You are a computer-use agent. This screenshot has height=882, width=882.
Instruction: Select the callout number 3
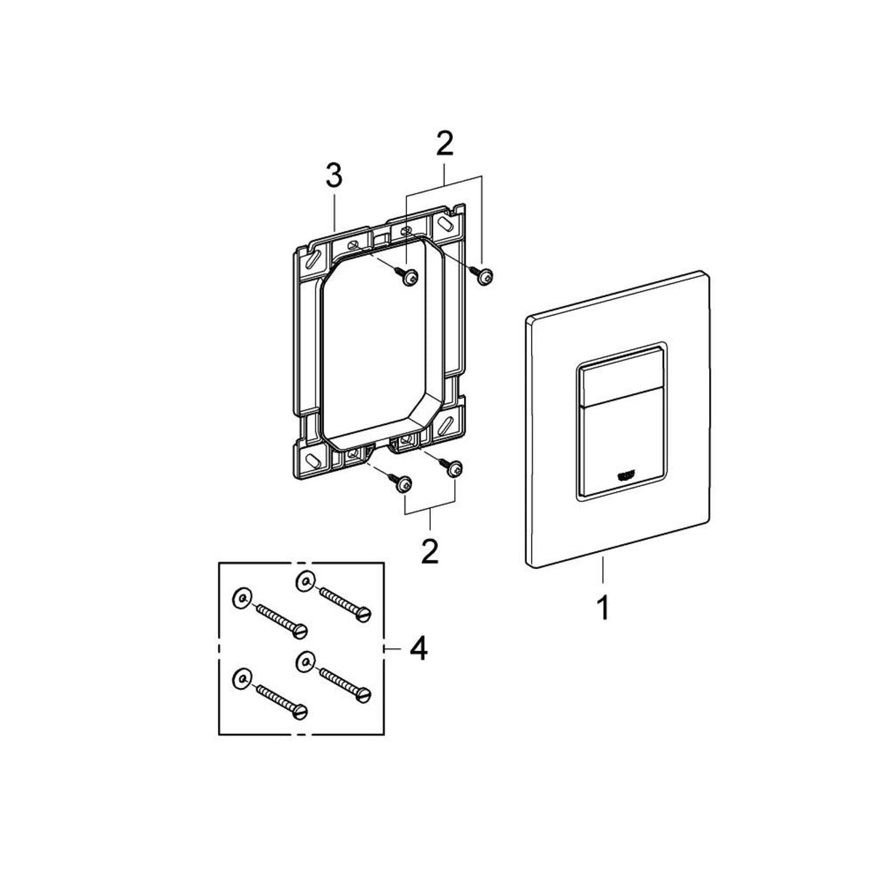point(333,177)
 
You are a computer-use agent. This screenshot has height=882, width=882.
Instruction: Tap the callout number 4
point(417,648)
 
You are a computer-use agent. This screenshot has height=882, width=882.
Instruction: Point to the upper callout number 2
point(444,144)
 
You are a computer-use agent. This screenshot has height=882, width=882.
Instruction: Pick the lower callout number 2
point(430,551)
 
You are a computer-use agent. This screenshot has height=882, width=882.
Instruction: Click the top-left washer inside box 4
point(241,597)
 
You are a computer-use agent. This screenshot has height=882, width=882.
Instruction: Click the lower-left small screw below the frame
point(402,484)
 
